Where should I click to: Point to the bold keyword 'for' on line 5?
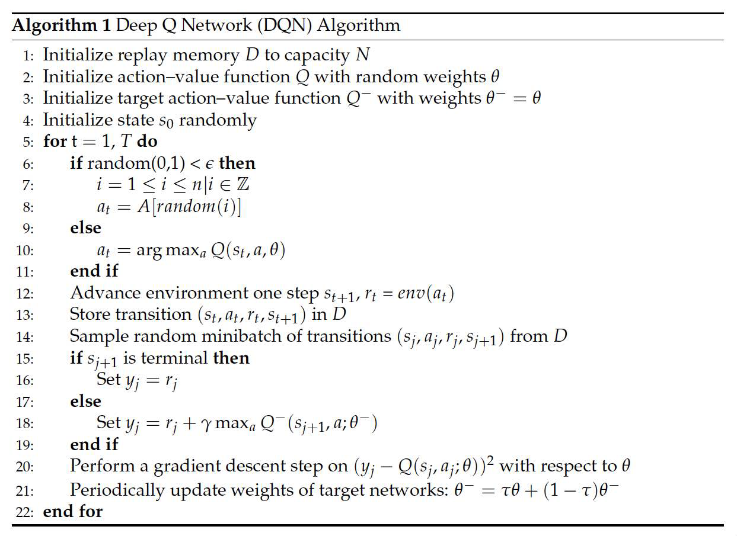54,142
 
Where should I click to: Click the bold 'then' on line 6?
237,163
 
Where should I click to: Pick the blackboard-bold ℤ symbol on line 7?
243,185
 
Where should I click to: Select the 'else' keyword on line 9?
85,229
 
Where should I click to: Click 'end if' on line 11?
94,272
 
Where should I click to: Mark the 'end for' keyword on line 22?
72,511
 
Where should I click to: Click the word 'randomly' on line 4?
217,121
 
